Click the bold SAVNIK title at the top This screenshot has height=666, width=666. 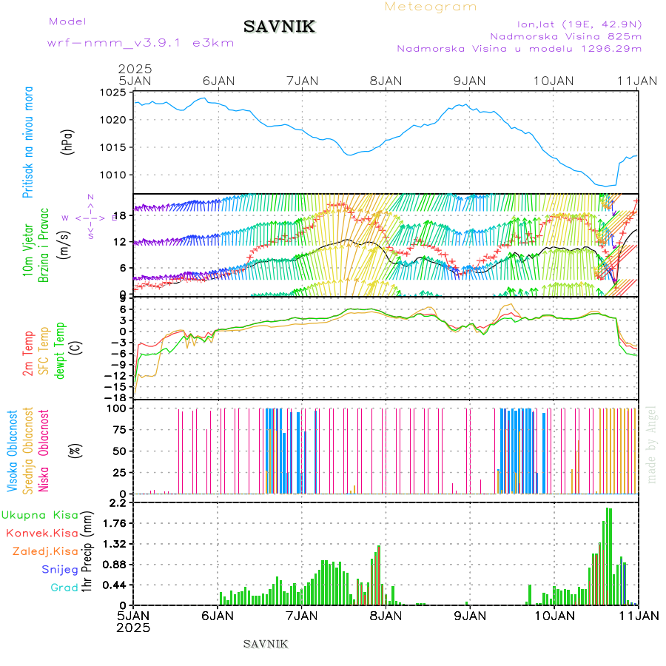pyautogui.click(x=280, y=27)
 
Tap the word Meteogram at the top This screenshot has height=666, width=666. pyautogui.click(x=431, y=7)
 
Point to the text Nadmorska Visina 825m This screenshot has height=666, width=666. pyautogui.click(x=565, y=36)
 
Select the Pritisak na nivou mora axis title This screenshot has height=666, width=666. pyautogui.click(x=29, y=141)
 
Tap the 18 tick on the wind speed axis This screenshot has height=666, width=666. pyautogui.click(x=124, y=215)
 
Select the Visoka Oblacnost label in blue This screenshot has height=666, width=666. pyautogui.click(x=13, y=451)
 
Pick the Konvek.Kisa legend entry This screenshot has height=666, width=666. pyautogui.click(x=41, y=533)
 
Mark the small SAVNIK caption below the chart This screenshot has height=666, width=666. pyautogui.click(x=265, y=644)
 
